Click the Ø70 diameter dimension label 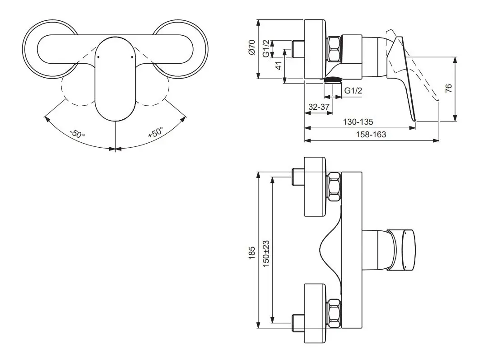point(251,47)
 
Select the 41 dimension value point(278,65)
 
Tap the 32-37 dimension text point(319,107)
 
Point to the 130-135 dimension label point(358,122)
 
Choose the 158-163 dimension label point(371,135)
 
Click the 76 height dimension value point(448,89)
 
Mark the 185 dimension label point(251,253)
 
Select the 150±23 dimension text point(266,254)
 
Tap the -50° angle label point(77,134)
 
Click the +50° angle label point(155,133)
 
